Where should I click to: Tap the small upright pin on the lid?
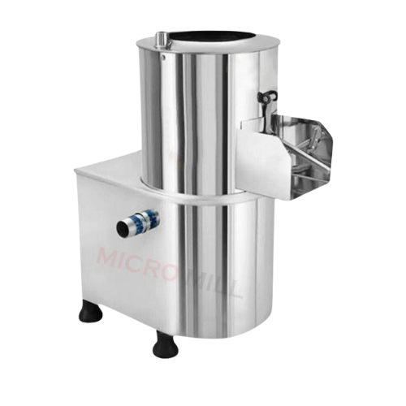[162, 38]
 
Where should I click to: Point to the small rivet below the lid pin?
[162, 57]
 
